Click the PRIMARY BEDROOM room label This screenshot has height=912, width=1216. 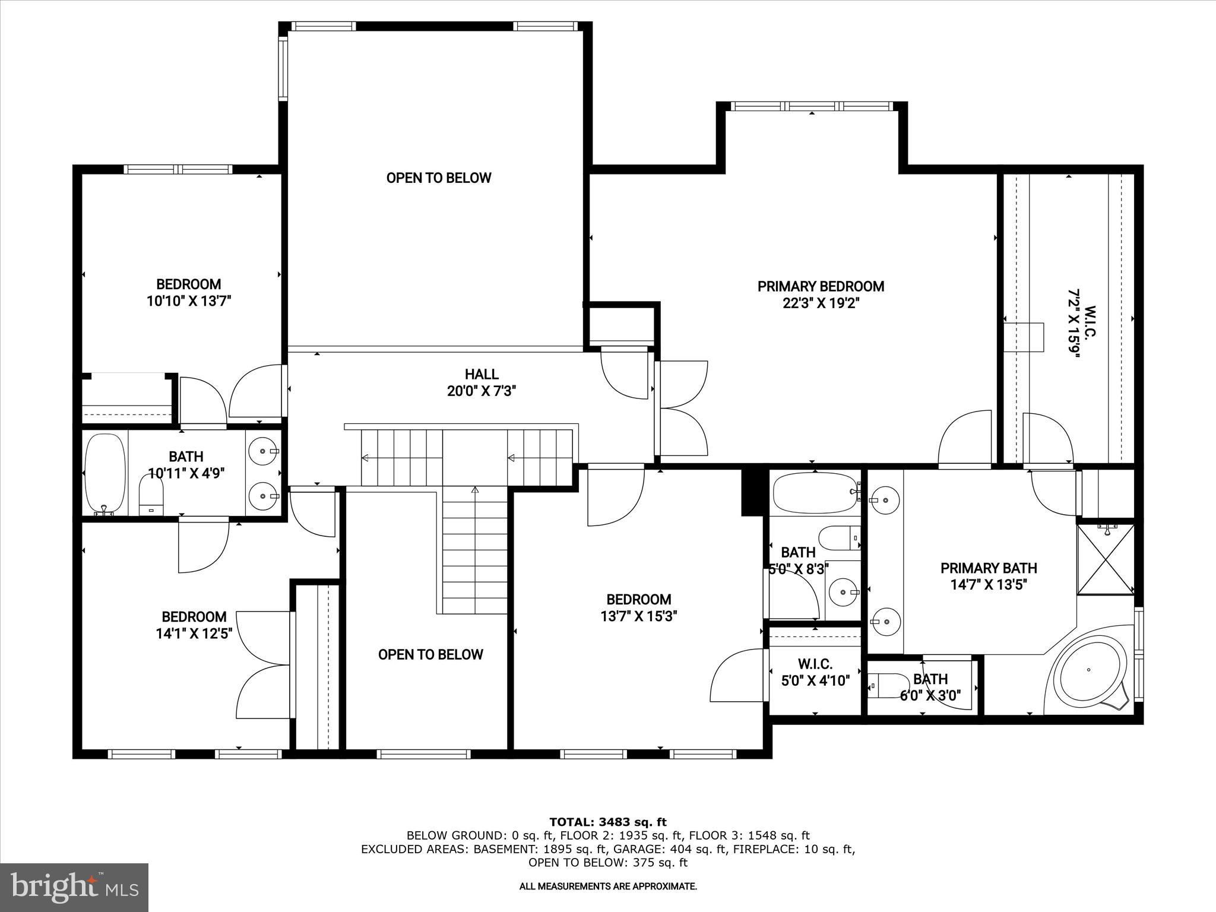tap(821, 287)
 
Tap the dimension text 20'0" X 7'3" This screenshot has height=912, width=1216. tap(482, 391)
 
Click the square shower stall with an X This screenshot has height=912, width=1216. tap(1106, 558)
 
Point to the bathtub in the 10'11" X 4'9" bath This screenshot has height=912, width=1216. tap(105, 474)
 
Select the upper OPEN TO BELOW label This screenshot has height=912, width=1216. tap(439, 178)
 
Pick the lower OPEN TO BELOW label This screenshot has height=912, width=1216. tap(430, 655)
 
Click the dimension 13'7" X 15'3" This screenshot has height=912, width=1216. tap(639, 616)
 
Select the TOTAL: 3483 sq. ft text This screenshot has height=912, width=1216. tap(608, 822)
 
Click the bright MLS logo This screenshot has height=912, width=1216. tap(74, 887)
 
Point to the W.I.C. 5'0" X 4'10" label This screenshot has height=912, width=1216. tap(815, 673)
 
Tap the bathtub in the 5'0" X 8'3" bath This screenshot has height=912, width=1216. tap(815, 493)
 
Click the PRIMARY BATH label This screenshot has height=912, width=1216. tap(989, 568)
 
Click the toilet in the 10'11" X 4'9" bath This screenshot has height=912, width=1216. tap(151, 496)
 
